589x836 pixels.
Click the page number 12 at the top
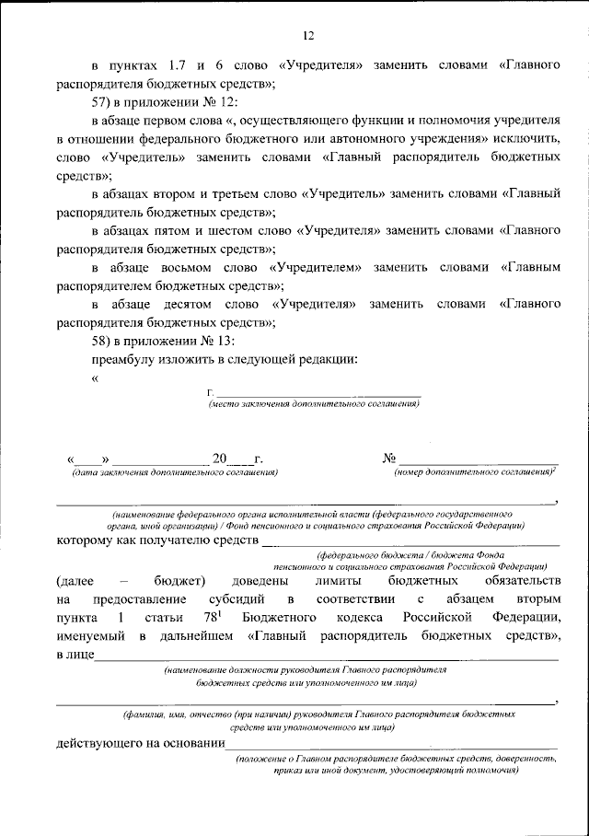coord(308,36)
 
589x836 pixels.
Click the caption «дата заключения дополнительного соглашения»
coord(176,471)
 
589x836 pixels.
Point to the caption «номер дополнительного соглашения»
coord(473,471)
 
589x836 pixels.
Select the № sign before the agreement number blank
coord(389,458)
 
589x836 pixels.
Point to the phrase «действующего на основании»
coord(140,744)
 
